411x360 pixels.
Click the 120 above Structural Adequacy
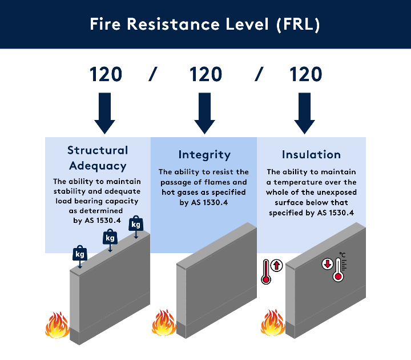tap(106, 74)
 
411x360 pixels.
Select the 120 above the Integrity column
tap(205, 74)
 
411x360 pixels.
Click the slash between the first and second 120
tap(153, 74)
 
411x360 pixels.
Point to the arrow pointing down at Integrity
tap(205, 112)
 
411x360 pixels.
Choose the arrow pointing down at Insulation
tap(305, 112)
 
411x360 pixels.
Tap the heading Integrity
tap(204, 155)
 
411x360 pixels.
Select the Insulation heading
tap(311, 155)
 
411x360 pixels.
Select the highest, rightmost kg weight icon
tap(136, 225)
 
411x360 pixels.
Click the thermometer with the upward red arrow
tap(269, 271)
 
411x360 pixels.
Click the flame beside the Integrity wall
tap(163, 323)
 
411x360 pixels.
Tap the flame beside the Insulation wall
tap(273, 323)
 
